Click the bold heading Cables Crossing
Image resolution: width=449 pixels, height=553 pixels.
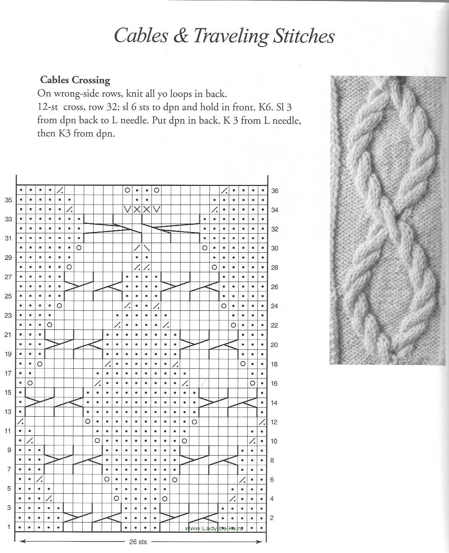pos(75,80)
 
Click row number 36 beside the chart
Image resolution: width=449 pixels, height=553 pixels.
pos(275,191)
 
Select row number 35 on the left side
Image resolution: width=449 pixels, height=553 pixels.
pos(8,200)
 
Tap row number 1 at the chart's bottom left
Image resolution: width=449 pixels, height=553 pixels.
pos(8,527)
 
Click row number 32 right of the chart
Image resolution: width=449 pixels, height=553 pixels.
pos(275,229)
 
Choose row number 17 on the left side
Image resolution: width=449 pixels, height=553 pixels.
pos(8,373)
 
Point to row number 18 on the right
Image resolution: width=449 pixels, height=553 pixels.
pos(274,364)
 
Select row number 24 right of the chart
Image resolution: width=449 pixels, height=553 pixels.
pos(274,306)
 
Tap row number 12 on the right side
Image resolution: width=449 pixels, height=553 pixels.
pos(274,422)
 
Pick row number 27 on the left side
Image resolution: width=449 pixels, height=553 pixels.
pos(8,277)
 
